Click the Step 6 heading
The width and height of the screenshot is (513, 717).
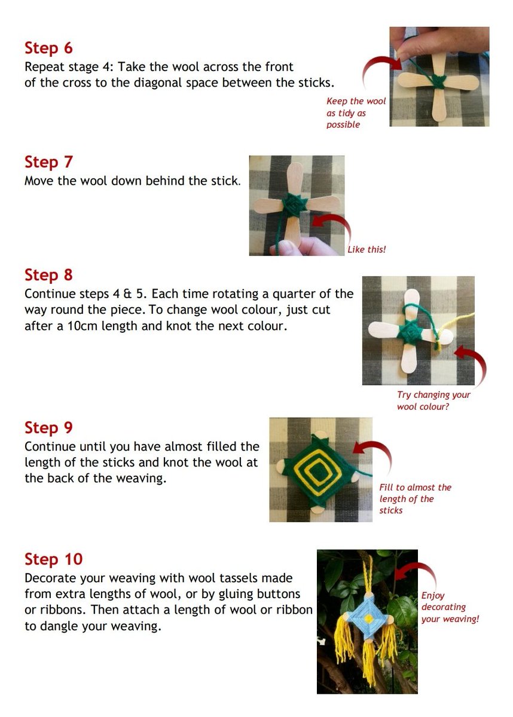[48, 48]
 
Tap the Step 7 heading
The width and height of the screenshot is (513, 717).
[48, 162]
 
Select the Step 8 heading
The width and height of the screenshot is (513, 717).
[48, 275]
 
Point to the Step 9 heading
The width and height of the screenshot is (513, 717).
[48, 428]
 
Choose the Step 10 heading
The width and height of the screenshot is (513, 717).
[53, 559]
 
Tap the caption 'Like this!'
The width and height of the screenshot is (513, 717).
[367, 249]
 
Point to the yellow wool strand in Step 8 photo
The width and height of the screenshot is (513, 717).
[448, 330]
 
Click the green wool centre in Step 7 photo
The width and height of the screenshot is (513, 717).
[295, 206]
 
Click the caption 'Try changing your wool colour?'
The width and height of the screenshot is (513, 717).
[433, 401]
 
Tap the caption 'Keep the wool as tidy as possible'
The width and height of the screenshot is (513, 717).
[356, 113]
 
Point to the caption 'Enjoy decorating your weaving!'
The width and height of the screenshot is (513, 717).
[450, 607]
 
